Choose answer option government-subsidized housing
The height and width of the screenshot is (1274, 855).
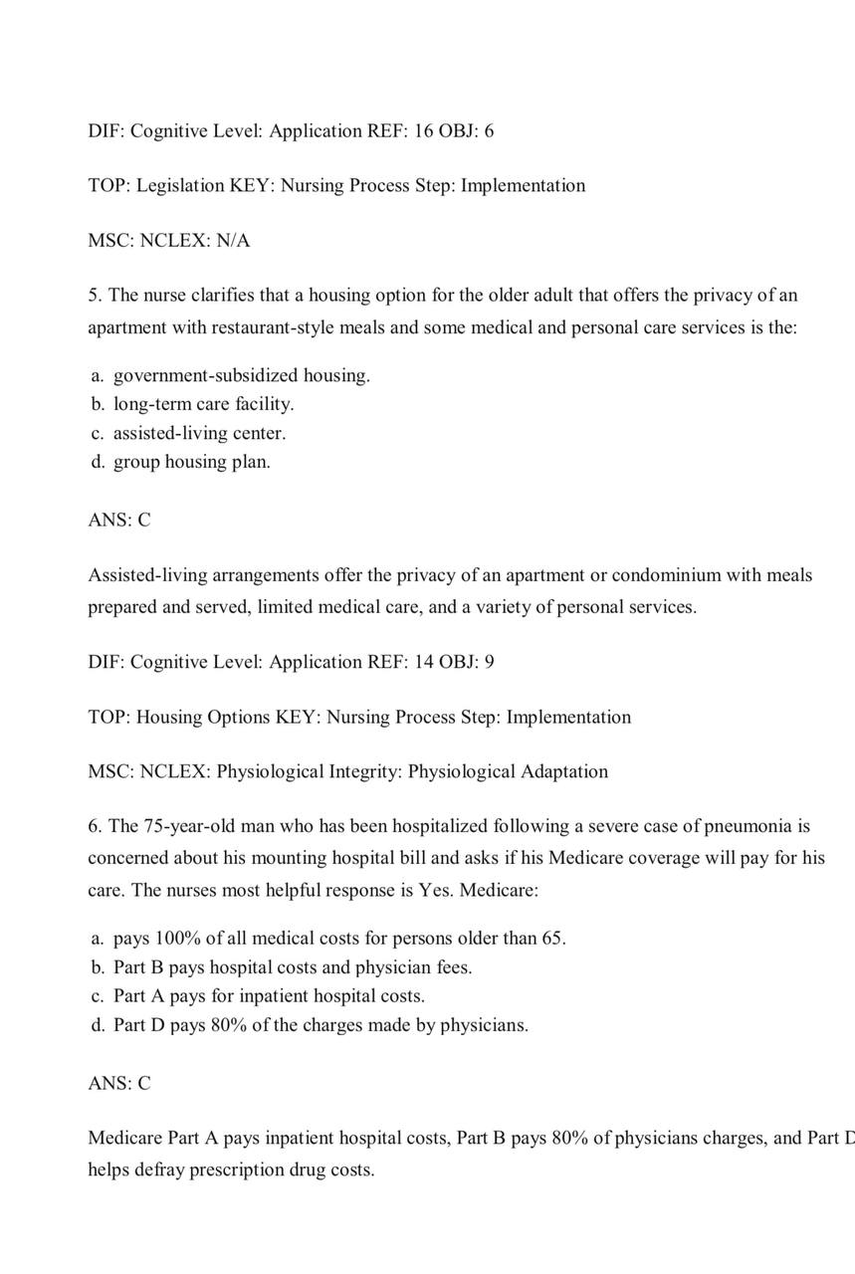pyautogui.click(x=241, y=376)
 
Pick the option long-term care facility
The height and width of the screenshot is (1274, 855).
pyautogui.click(x=203, y=405)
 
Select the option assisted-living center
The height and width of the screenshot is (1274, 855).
pyautogui.click(x=199, y=434)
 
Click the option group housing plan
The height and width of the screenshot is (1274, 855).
pyautogui.click(x=191, y=463)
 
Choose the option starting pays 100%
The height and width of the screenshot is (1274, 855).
pyautogui.click(x=339, y=939)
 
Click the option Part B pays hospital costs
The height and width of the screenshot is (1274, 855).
pyautogui.click(x=293, y=967)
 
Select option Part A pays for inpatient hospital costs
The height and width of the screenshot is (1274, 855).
pyautogui.click(x=269, y=996)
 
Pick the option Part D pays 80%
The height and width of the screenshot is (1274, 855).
pyautogui.click(x=321, y=1025)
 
